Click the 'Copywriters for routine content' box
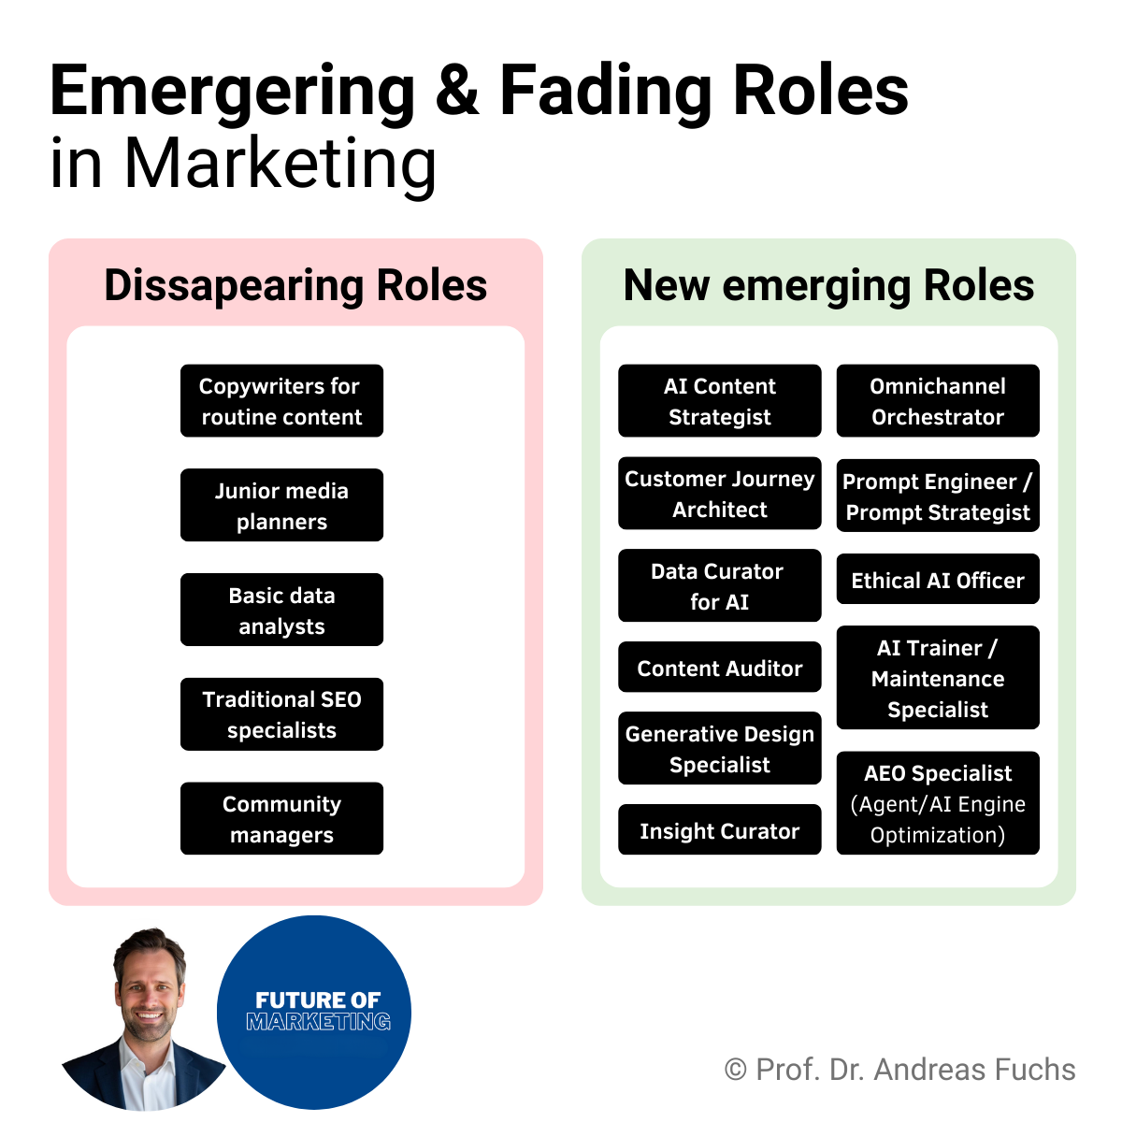coord(281,401)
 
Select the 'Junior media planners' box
coord(281,506)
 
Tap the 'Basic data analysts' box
coord(281,610)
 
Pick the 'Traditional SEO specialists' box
coord(281,714)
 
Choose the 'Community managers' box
coord(281,819)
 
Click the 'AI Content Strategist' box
coord(719,401)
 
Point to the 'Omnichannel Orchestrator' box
coord(938,401)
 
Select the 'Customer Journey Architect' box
coord(719,494)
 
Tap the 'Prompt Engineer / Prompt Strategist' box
coord(938,496)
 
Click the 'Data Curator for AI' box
coord(719,586)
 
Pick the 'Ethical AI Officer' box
coord(938,580)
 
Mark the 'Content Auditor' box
coord(719,668)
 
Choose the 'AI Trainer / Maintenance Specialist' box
coord(938,678)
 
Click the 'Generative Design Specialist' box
coord(719,749)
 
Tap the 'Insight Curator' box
coord(719,830)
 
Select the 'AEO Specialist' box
coord(938,803)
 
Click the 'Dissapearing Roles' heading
coord(295,285)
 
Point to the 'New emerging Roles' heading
coord(828,285)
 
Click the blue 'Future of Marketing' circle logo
coord(315,1012)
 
